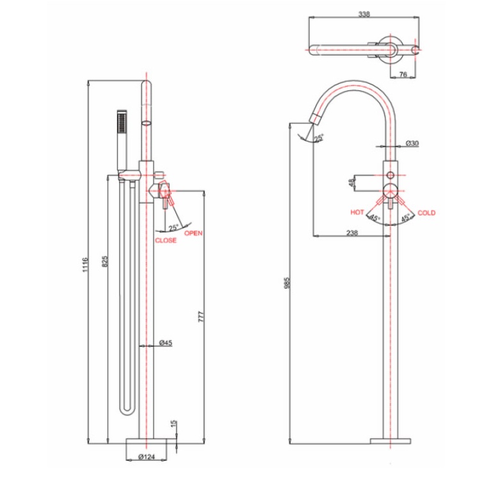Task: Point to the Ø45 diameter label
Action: (165, 343)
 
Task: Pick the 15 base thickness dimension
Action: (173, 425)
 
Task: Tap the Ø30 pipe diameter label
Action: (412, 143)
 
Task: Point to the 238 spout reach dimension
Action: (351, 233)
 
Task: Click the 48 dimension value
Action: (351, 183)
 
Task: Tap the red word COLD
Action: (426, 213)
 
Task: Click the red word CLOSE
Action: (166, 241)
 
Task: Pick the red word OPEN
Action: (193, 234)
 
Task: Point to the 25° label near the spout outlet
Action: (318, 136)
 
